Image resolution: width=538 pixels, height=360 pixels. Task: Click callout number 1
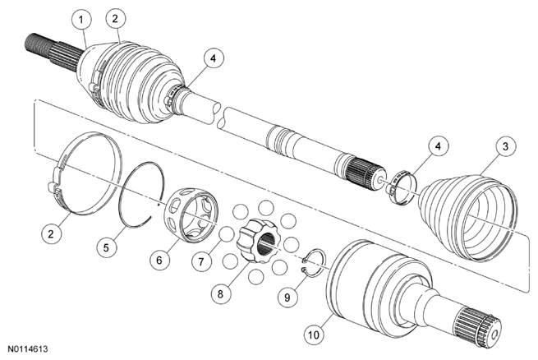[x=81, y=20]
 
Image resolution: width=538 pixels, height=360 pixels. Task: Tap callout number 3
[x=505, y=146]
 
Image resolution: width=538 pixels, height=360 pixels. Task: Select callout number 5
[x=106, y=247]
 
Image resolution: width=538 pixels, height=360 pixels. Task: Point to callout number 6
[x=159, y=260]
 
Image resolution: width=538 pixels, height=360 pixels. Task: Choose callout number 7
[x=201, y=261]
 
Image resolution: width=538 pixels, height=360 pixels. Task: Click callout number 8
[x=220, y=293]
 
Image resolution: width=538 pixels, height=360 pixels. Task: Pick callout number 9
[x=287, y=297]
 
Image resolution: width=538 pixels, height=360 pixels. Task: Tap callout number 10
[x=314, y=335]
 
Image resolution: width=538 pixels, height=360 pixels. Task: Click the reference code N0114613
[x=28, y=349]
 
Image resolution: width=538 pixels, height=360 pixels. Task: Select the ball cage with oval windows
[x=191, y=215]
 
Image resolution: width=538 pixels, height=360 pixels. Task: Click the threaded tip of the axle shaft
[x=37, y=46]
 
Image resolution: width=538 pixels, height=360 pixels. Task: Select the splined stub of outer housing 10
[x=477, y=326]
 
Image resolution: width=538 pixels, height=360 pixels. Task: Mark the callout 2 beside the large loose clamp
[x=51, y=233]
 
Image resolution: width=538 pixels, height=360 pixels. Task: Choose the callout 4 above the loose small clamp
[x=438, y=145]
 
